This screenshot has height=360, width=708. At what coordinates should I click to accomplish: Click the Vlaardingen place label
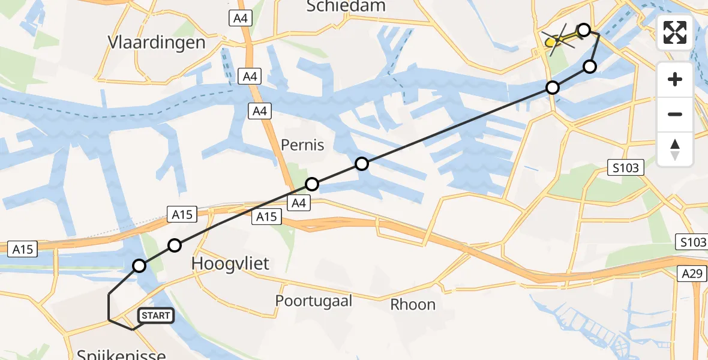[x=156, y=43]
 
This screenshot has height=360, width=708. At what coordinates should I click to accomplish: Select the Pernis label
[x=302, y=145]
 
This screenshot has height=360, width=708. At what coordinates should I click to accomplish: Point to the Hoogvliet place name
[x=230, y=263]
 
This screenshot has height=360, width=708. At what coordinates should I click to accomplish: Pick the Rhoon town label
[x=413, y=304]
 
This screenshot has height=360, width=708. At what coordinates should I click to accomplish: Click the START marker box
[x=156, y=316]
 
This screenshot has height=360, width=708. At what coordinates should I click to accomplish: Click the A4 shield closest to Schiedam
[x=241, y=19]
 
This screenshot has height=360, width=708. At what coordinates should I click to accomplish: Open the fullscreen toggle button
[x=675, y=32]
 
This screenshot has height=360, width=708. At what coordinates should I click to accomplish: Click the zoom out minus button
[x=675, y=114]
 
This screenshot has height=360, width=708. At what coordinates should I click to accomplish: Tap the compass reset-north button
[x=675, y=149]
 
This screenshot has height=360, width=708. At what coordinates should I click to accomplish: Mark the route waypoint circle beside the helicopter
[x=583, y=30]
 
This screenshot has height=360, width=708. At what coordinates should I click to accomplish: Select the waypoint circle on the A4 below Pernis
[x=312, y=184]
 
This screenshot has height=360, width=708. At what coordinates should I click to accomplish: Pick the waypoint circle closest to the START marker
[x=139, y=266]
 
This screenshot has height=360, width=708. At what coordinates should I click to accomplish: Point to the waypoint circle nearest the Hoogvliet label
[x=175, y=245]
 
